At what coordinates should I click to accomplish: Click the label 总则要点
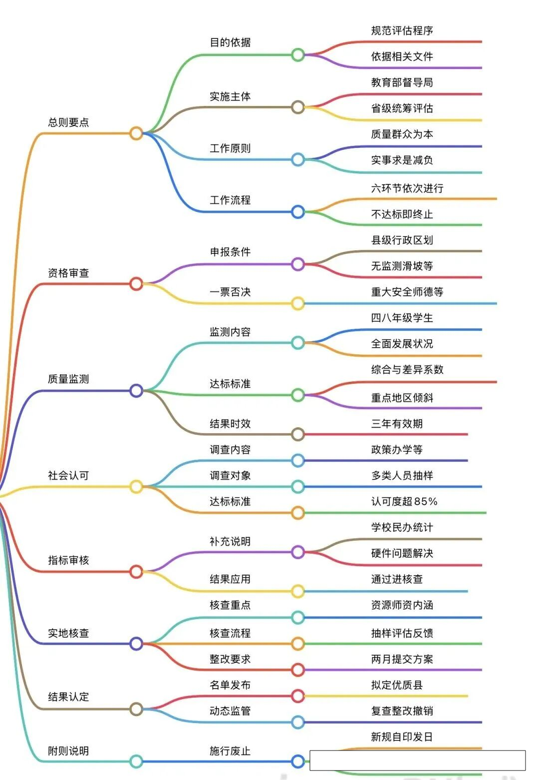coord(68,122)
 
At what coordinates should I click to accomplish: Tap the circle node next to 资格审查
coord(136,284)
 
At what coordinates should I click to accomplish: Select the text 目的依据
coord(230,42)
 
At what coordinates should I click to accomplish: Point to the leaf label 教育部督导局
coord(402,82)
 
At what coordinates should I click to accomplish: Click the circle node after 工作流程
coord(298,212)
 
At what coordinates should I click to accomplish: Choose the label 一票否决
coord(230,292)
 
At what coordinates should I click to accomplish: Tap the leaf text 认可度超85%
coord(404,501)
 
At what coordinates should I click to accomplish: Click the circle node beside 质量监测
coord(136,391)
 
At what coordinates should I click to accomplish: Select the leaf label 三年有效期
coord(397,424)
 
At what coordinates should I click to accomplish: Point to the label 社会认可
coord(68,475)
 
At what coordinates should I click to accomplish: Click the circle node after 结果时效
coord(298,434)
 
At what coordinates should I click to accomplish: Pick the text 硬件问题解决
coord(402,553)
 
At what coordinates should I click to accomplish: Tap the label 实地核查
coord(68,633)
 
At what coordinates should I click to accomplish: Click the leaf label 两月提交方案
coord(402,659)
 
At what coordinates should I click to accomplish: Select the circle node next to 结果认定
coord(136,709)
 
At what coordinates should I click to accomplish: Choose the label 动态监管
coord(230,711)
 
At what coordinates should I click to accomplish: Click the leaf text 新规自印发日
coord(402,737)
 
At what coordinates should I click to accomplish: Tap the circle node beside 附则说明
coord(136,762)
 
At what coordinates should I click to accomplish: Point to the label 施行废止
coord(230,751)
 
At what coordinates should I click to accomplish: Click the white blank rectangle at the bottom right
coord(417,760)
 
